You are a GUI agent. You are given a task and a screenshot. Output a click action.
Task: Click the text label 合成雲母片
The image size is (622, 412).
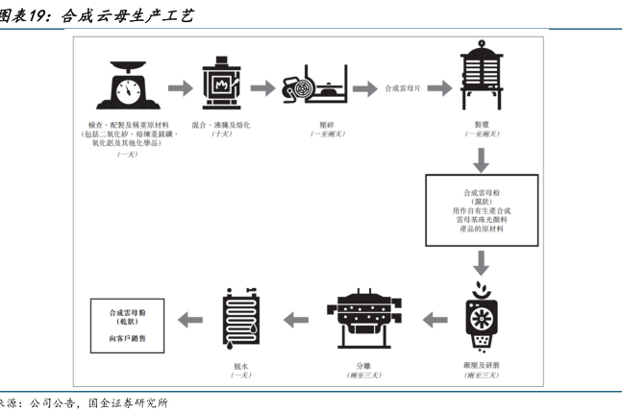click(403, 89)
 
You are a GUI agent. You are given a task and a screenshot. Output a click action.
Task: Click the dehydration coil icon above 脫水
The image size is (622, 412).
click(241, 318)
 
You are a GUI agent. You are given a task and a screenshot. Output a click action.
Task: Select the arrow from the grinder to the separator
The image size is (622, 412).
click(435, 318)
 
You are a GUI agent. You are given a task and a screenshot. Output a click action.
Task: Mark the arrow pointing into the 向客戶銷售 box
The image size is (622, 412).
click(189, 318)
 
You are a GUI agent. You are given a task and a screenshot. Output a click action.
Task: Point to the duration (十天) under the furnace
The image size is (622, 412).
click(222, 134)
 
